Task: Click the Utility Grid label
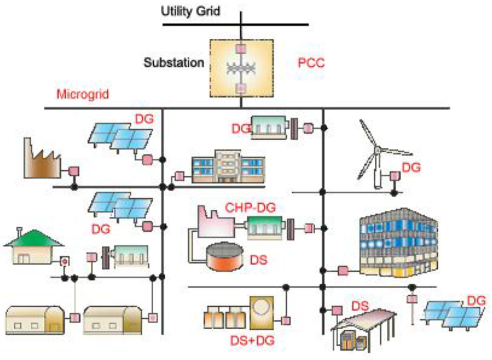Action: [x=190, y=11]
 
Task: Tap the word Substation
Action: [x=174, y=63]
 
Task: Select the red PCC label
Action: [x=311, y=63]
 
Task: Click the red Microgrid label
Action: [x=83, y=94]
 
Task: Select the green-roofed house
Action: [x=34, y=247]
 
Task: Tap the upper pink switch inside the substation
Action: [x=241, y=48]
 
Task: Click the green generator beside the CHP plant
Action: [x=265, y=226]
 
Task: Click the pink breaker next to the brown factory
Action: [x=74, y=171]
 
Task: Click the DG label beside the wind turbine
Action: [x=411, y=168]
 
